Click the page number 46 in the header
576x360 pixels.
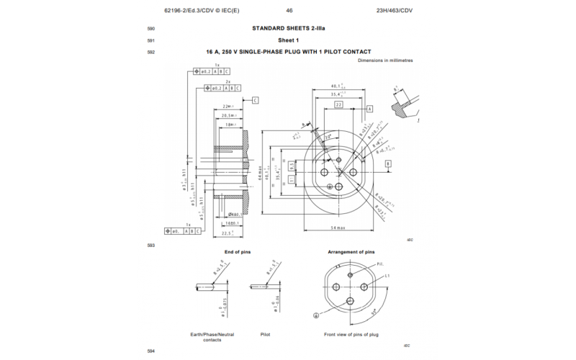tap(289, 11)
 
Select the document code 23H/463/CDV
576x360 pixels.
tap(395, 11)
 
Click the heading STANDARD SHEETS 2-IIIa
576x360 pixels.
tap(287, 28)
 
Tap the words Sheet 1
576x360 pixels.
tap(287, 40)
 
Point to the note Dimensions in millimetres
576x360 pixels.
tap(385, 60)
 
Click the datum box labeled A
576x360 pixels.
tap(369, 108)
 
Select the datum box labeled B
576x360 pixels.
tap(388, 164)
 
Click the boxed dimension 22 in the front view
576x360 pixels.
tap(338, 104)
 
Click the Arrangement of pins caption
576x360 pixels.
tap(351, 252)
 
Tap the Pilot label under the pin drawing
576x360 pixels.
tap(265, 335)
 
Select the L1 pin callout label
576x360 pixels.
tap(387, 276)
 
